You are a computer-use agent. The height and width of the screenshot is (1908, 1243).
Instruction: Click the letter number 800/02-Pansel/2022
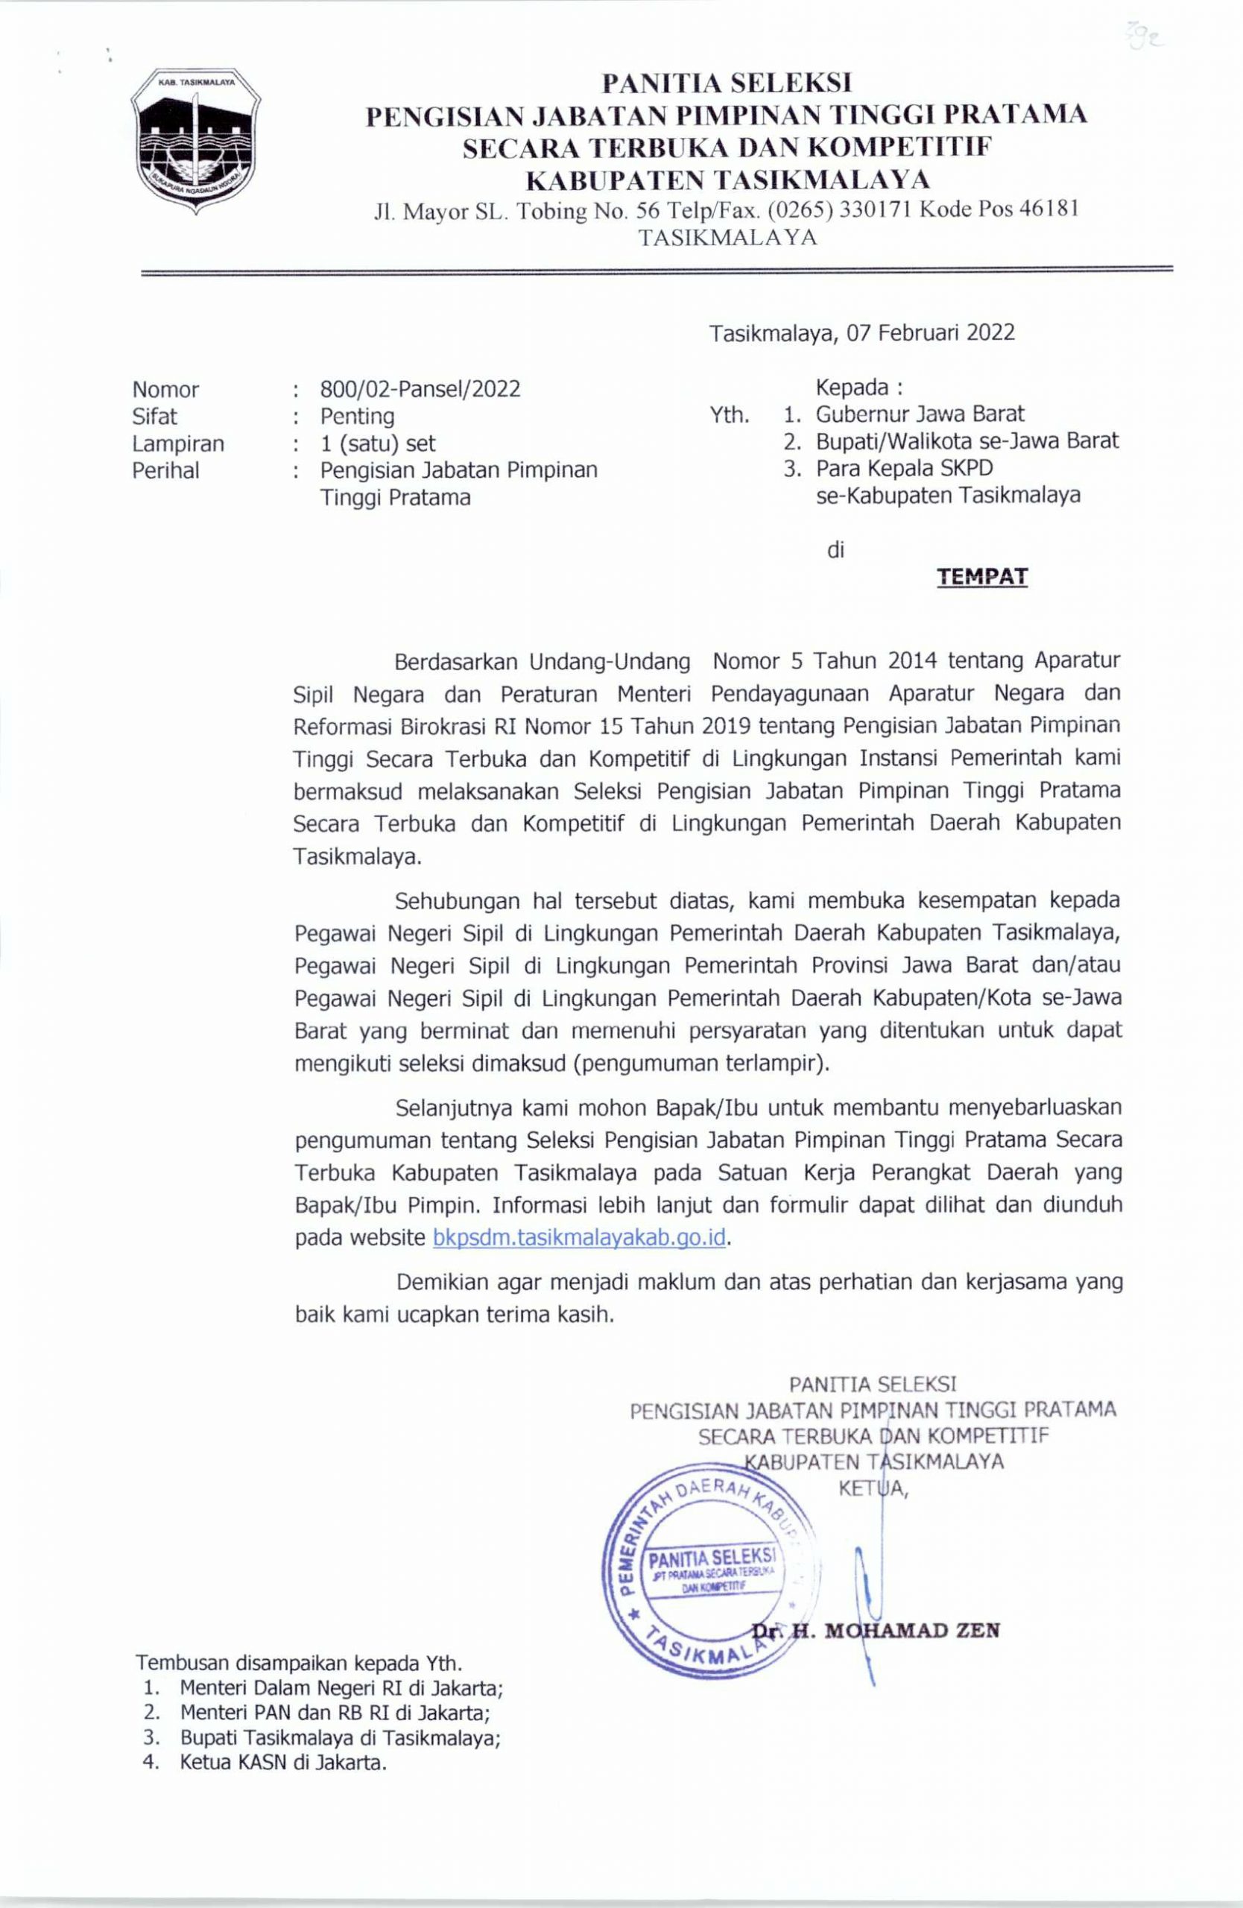pyautogui.click(x=420, y=390)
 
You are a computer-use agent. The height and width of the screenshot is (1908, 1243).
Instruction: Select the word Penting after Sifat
pyautogui.click(x=358, y=416)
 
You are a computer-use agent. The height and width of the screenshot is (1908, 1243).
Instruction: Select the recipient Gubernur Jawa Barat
pyautogui.click(x=920, y=414)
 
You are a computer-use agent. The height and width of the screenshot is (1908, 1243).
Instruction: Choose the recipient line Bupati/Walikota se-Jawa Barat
pyautogui.click(x=967, y=441)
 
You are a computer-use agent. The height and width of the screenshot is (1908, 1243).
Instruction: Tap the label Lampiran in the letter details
pyautogui.click(x=178, y=443)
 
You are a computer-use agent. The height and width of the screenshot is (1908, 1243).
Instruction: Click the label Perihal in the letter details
pyautogui.click(x=166, y=470)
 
